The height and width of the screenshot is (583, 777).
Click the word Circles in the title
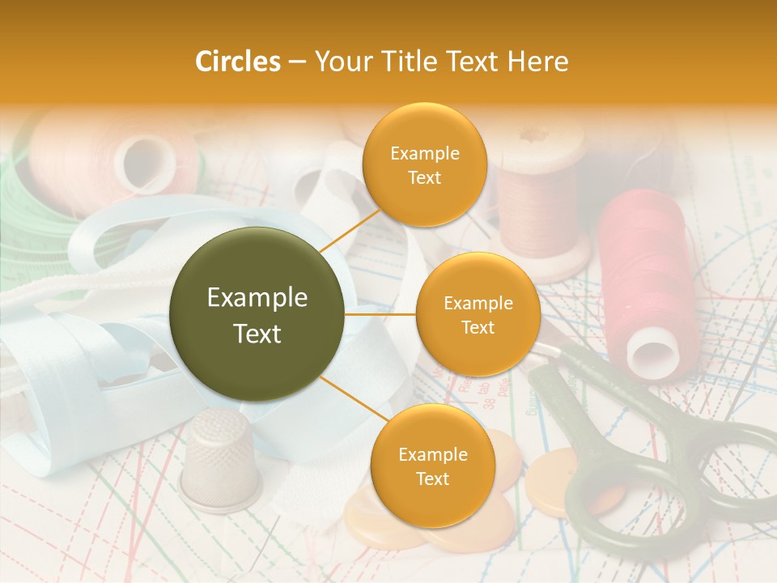[x=237, y=62]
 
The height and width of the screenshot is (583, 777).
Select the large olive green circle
[x=257, y=314]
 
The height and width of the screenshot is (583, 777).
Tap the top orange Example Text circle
[x=424, y=164]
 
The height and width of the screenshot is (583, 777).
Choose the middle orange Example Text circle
[x=478, y=314]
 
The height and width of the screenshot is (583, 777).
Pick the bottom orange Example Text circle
[x=432, y=466]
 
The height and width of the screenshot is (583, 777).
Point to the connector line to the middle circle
[x=380, y=313]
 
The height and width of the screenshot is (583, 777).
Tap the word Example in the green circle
[x=257, y=298]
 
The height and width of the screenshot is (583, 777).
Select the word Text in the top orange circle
[x=424, y=177]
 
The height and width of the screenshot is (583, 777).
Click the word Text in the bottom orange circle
[x=432, y=479]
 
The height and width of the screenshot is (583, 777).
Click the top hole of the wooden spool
[x=533, y=135]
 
